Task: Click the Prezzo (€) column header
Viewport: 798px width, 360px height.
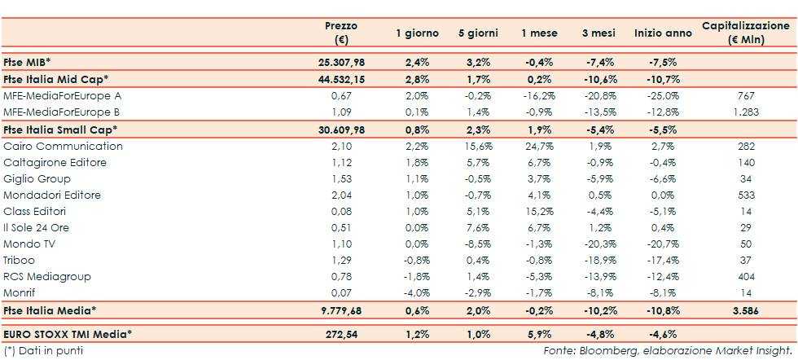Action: click(x=341, y=33)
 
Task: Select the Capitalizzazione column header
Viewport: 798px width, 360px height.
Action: click(x=747, y=33)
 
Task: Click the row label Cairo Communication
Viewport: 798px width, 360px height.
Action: click(x=64, y=147)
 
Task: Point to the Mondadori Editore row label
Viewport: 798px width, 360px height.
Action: click(x=52, y=195)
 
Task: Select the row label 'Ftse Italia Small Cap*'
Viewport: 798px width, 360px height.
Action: click(x=60, y=130)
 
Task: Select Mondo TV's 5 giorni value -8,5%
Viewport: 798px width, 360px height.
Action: click(x=480, y=244)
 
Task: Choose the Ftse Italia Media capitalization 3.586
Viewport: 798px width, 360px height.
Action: click(x=746, y=310)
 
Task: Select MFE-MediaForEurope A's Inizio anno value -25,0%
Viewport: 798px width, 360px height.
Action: click(x=662, y=95)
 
